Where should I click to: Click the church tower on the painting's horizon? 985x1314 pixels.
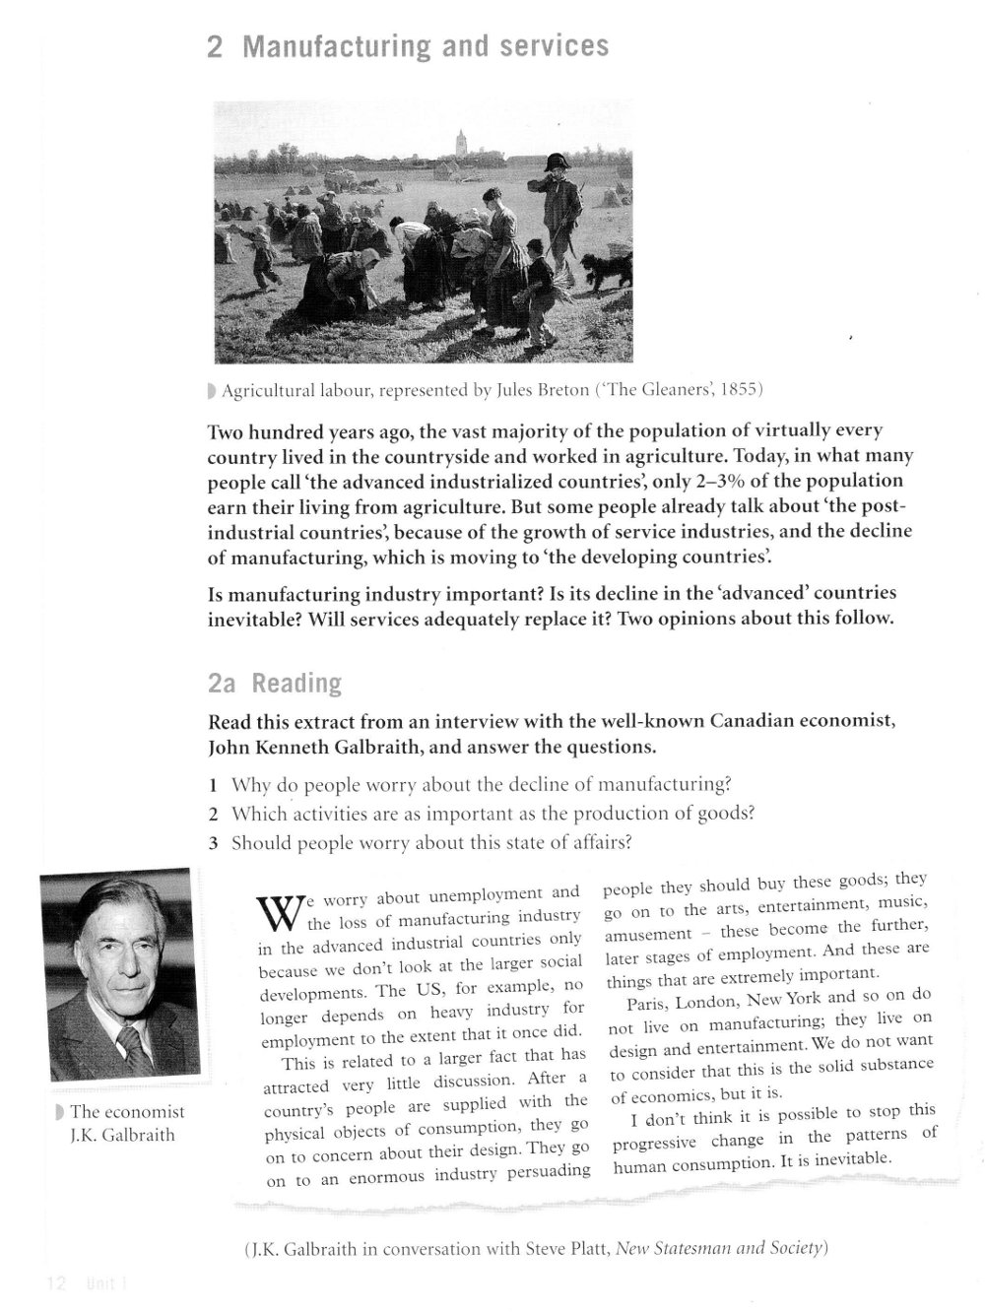[x=461, y=143]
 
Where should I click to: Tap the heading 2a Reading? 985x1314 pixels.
[x=275, y=683]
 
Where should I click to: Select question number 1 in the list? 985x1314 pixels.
[x=213, y=785]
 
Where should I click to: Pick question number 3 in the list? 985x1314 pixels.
[x=213, y=843]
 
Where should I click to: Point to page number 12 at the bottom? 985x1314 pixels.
[x=55, y=1282]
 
